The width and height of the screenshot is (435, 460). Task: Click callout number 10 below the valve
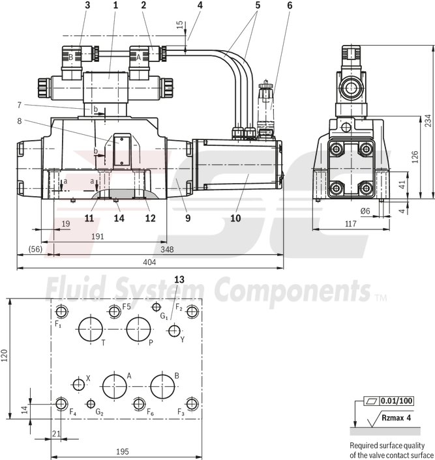(x=235, y=218)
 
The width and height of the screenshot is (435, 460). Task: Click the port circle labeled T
(x=89, y=330)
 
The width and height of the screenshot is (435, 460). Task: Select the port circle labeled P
(x=139, y=330)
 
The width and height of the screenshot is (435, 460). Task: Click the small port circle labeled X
(x=80, y=384)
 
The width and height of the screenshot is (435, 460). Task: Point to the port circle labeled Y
(x=173, y=331)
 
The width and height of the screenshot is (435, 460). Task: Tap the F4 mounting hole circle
(x=61, y=403)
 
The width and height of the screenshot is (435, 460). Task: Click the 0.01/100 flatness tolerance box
(x=397, y=401)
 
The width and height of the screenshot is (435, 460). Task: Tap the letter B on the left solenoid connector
(x=70, y=56)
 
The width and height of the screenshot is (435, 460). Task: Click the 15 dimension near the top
(x=179, y=25)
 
